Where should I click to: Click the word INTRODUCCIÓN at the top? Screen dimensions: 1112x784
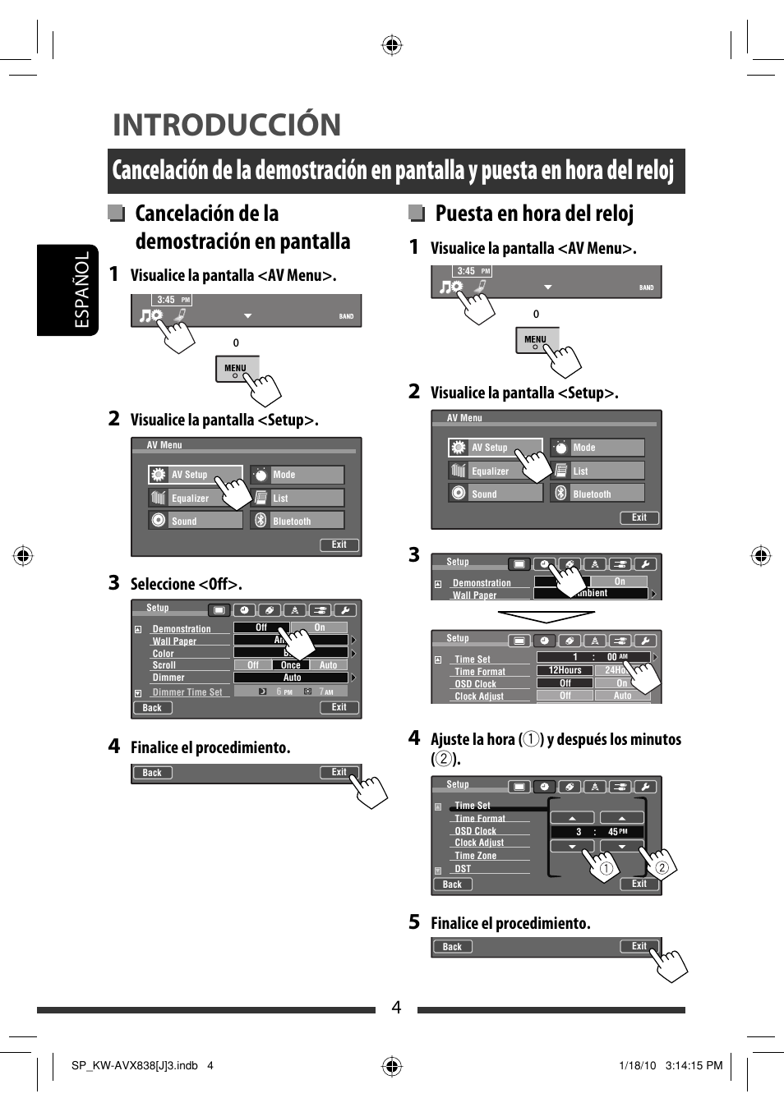[x=227, y=125]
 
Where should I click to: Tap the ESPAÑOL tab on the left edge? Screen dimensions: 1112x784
[x=81, y=290]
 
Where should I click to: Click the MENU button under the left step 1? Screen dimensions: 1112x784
[x=236, y=369]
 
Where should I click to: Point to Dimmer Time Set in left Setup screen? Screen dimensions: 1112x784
[x=187, y=692]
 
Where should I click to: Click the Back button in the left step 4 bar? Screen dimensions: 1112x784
[x=152, y=773]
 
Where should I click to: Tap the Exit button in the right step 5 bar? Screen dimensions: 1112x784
[x=639, y=946]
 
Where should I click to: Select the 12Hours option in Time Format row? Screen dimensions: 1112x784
[x=565, y=670]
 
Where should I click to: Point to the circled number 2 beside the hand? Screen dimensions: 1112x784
[x=662, y=868]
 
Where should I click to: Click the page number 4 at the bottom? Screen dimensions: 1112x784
[x=396, y=1007]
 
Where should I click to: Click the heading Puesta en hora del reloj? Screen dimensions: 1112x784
[x=534, y=214]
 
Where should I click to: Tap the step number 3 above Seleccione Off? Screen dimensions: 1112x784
[x=114, y=583]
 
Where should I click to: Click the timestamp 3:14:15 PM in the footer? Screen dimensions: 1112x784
[x=694, y=1065]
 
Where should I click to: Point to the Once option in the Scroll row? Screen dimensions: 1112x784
[x=291, y=665]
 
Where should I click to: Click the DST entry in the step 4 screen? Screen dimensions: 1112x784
[x=463, y=869]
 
